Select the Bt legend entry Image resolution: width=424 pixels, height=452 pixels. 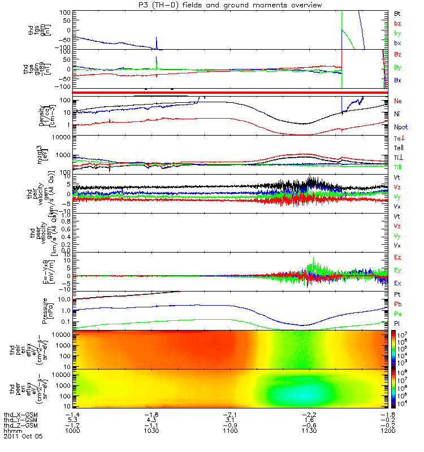tap(398, 12)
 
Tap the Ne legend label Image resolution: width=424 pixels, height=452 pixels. tap(398, 101)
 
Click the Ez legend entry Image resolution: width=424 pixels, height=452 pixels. tap(398, 257)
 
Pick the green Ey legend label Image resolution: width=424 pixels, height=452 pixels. tap(398, 270)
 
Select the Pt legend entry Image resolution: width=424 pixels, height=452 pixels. tap(398, 295)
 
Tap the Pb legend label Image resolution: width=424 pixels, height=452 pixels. tap(398, 305)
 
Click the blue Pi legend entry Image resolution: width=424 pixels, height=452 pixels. tap(397, 323)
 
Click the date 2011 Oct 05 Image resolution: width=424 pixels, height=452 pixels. tap(23, 436)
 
